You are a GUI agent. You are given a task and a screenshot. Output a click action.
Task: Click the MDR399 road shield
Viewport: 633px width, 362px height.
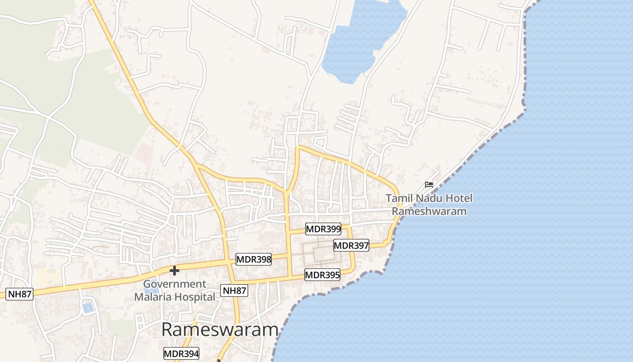pyautogui.click(x=323, y=229)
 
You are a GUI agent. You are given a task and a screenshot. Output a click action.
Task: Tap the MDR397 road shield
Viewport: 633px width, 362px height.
pyautogui.click(x=351, y=246)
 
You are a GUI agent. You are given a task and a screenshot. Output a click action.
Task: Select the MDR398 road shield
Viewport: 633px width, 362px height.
pyautogui.click(x=254, y=259)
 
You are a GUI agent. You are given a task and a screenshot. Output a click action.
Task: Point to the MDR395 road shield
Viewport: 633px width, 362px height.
pyautogui.click(x=322, y=275)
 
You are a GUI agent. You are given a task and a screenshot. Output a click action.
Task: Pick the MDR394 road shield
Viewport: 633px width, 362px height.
pyautogui.click(x=181, y=353)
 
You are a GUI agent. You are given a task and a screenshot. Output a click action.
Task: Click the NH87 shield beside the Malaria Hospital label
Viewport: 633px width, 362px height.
pyautogui.click(x=234, y=291)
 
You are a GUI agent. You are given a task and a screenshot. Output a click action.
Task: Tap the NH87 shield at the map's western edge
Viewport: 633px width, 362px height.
pyautogui.click(x=20, y=294)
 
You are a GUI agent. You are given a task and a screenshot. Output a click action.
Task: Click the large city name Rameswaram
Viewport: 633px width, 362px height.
pyautogui.click(x=219, y=330)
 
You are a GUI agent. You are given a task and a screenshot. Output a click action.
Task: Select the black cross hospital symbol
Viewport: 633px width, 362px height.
pyautogui.click(x=174, y=271)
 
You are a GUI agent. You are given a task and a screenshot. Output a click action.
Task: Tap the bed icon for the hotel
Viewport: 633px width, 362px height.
pyautogui.click(x=429, y=185)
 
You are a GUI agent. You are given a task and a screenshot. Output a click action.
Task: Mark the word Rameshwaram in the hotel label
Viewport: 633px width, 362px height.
pyautogui.click(x=429, y=211)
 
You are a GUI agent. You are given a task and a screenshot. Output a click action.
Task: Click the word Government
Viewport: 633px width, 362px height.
pyautogui.click(x=175, y=284)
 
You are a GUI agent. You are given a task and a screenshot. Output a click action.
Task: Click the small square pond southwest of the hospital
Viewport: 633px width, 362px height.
pyautogui.click(x=88, y=308)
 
